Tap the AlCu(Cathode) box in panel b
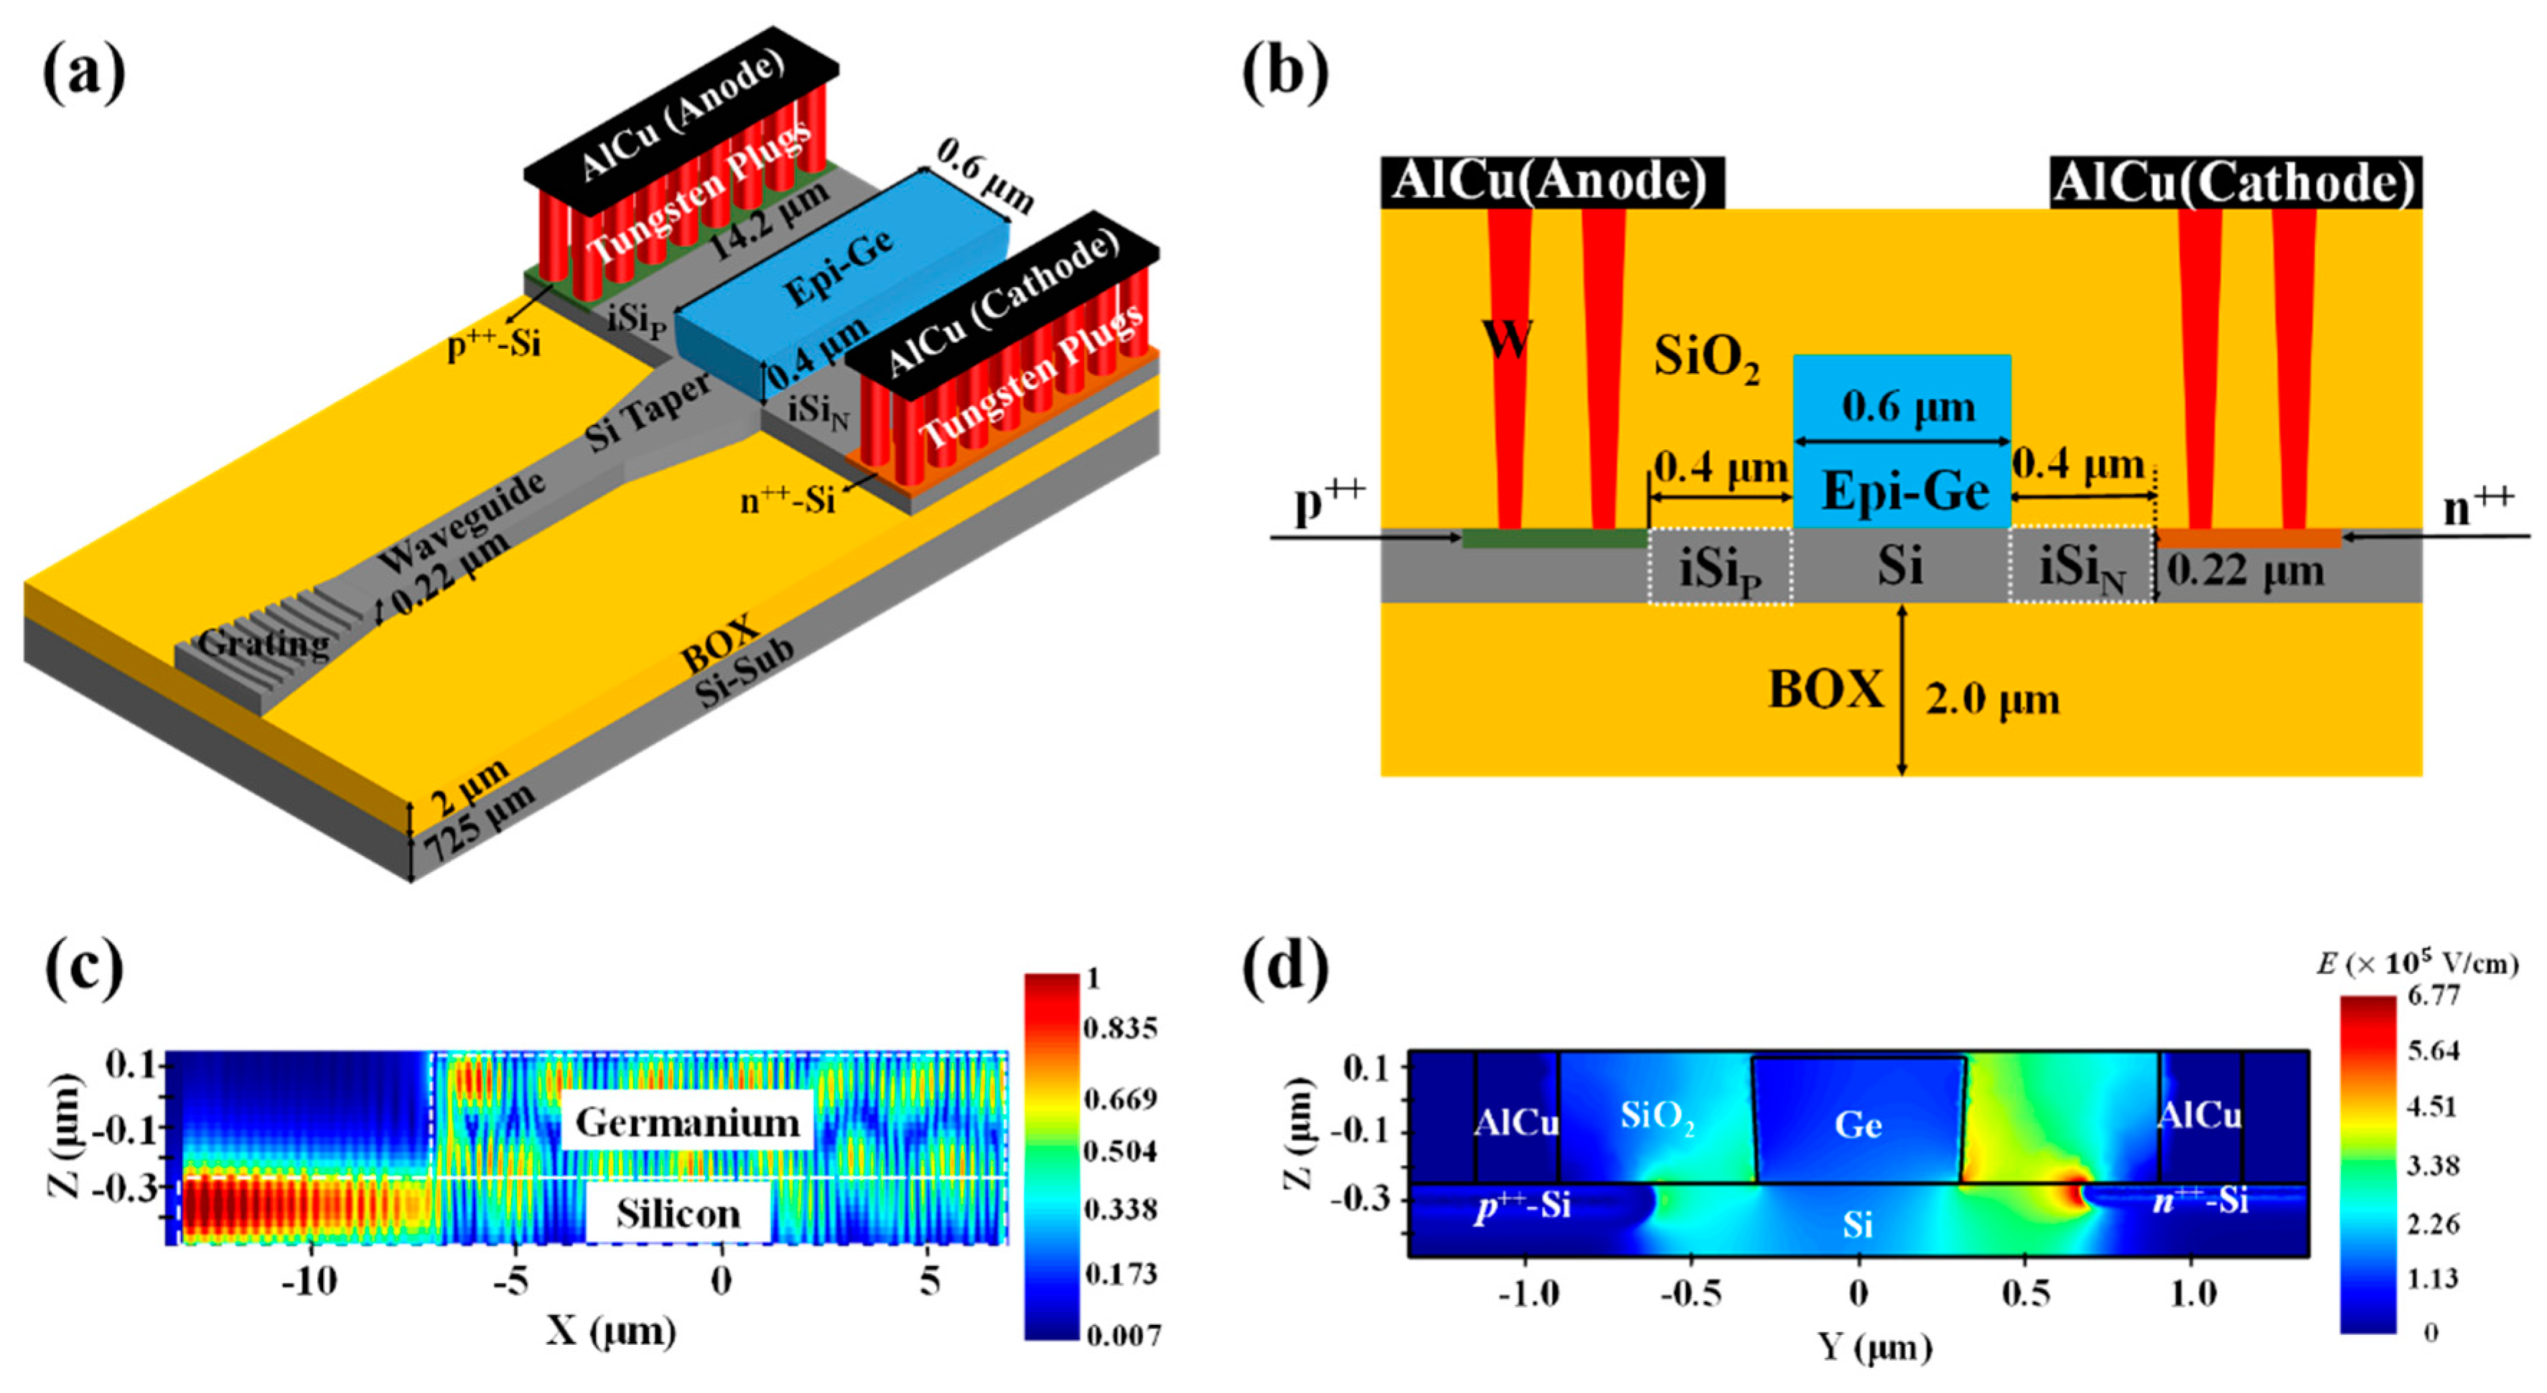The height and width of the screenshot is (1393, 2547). [2235, 183]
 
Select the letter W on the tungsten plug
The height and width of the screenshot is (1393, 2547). [1507, 339]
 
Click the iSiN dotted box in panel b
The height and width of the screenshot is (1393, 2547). [2081, 566]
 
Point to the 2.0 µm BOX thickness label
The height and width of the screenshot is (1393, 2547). [1991, 700]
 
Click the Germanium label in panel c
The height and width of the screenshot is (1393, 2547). [687, 1122]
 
